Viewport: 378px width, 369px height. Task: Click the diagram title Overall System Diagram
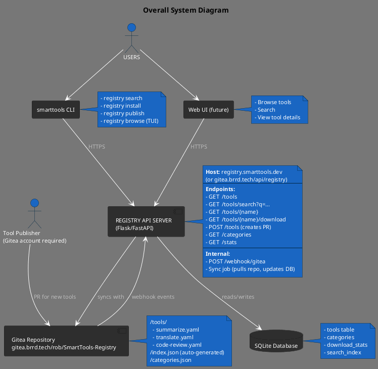tap(185, 10)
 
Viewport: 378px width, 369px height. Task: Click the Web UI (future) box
tap(208, 110)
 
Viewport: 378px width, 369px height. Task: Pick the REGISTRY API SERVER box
tap(146, 221)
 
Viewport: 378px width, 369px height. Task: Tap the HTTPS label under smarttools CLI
tap(97, 147)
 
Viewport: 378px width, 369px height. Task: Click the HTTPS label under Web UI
tap(199, 147)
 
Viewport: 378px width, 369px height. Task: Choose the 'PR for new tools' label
tap(55, 297)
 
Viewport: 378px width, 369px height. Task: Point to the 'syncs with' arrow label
tap(111, 297)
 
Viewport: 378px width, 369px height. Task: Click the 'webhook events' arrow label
tap(153, 297)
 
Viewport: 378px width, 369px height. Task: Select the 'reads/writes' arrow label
tap(238, 297)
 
